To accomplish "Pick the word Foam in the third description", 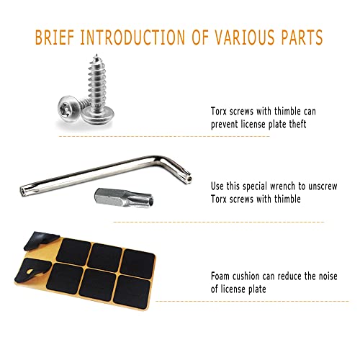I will point(222,276).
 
